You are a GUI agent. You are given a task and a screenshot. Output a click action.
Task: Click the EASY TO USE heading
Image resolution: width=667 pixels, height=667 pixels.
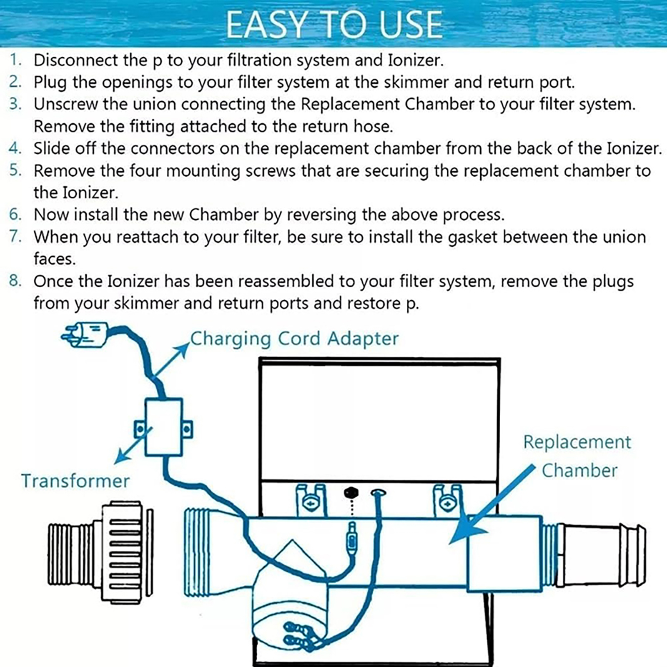coord(333,25)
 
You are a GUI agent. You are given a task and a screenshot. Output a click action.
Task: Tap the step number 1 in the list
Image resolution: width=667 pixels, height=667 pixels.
coord(15,60)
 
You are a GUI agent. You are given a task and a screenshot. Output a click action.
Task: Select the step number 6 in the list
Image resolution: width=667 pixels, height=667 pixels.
coord(15,215)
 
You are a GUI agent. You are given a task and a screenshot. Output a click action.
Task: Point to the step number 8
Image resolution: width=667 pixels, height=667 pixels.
coord(15,281)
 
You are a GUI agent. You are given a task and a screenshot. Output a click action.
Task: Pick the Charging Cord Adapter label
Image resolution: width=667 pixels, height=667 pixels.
coord(294,339)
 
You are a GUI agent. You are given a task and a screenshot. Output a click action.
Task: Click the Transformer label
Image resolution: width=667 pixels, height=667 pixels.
coord(75,481)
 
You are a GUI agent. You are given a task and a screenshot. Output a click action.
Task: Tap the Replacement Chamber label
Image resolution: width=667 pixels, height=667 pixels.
coord(578,456)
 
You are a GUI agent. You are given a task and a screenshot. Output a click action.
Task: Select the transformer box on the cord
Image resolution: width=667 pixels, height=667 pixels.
coord(163,427)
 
